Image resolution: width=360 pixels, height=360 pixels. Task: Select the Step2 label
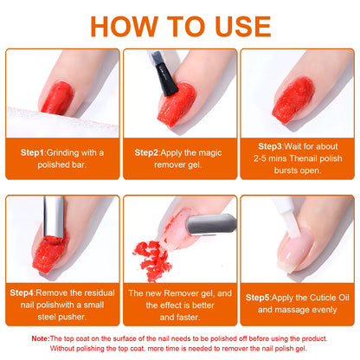tap(150, 151)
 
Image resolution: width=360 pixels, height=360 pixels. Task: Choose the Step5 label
tap(261, 297)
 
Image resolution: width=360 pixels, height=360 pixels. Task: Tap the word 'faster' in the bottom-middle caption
tap(180, 316)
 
